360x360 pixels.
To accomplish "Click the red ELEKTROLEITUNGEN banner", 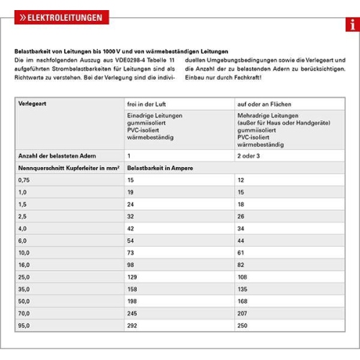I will click(60, 17).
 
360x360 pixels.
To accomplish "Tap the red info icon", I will click(352, 25).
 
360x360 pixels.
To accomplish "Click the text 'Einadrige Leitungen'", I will click(154, 115).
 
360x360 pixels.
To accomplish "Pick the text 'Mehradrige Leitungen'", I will click(266, 115).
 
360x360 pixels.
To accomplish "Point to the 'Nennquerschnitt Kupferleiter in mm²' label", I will click(68, 167).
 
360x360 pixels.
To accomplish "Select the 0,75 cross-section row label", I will click(24, 179).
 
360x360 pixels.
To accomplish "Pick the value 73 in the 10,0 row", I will click(131, 253).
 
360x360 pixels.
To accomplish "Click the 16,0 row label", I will click(24, 266).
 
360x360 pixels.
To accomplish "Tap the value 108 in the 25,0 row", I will click(243, 278).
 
